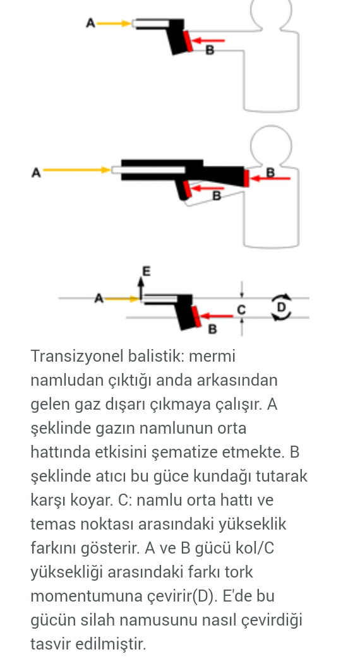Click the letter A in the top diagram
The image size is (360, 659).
point(90,23)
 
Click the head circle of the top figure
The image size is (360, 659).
point(271,12)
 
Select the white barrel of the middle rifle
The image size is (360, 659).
point(148,170)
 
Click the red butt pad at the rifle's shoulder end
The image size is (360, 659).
point(246,178)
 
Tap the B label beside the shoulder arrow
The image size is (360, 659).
point(270,172)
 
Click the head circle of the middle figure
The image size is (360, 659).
point(271,145)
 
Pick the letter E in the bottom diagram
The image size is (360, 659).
point(146,271)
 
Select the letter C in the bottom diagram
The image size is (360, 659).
point(241,310)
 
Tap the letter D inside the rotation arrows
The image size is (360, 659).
point(281,307)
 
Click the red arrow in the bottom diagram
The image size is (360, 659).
point(217,316)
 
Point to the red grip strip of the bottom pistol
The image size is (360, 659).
point(196,316)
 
